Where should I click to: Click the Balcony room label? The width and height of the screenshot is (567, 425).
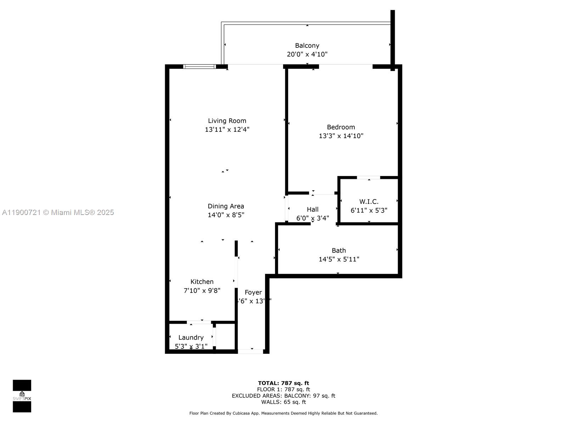click(307, 45)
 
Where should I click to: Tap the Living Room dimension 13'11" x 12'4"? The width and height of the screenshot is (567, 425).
click(227, 130)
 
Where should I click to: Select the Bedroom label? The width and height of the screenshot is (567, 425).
click(341, 127)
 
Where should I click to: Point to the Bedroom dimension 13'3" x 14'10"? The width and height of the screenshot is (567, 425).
click(341, 136)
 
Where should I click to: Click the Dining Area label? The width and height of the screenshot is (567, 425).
click(226, 206)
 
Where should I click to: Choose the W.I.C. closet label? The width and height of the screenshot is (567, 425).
click(369, 202)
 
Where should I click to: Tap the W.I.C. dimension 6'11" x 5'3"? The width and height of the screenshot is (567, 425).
click(369, 210)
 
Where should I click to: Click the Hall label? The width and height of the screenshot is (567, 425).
click(313, 209)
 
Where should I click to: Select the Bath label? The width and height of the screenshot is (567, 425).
click(339, 250)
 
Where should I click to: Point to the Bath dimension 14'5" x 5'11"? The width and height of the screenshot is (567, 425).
click(339, 259)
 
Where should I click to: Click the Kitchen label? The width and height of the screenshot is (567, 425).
click(202, 282)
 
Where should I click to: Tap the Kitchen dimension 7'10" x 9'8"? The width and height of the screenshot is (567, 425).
click(202, 290)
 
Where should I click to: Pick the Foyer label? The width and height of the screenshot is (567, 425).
click(253, 292)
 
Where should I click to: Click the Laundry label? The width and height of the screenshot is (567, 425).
click(191, 338)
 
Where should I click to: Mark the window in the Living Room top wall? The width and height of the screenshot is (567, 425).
click(199, 66)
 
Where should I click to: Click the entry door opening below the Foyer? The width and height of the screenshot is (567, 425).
click(250, 351)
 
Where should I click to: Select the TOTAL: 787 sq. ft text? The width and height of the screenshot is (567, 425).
click(283, 383)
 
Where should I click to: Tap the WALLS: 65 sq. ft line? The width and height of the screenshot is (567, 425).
click(283, 402)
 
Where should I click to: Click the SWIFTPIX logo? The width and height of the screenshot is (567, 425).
click(22, 396)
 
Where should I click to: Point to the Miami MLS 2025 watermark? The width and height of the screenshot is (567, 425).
click(58, 212)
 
